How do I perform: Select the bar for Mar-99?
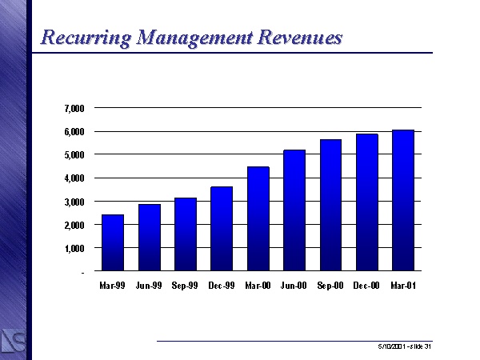pos(113,243)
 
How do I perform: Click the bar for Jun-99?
pos(149,238)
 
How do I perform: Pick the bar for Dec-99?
pos(222,229)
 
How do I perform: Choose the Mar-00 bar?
pos(258,219)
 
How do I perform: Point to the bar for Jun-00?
pos(294,210)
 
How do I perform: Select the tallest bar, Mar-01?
pos(402,201)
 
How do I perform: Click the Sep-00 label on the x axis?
pos(330,285)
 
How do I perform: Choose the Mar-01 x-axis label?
pos(402,285)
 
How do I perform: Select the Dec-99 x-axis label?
pos(222,285)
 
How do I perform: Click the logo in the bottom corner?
pos(14,338)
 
